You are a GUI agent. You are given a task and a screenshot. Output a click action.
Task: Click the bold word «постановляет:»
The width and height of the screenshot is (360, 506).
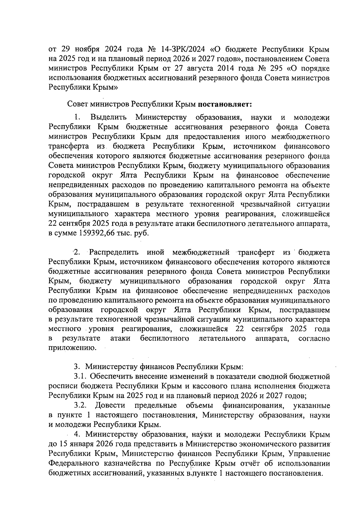pos(225,104)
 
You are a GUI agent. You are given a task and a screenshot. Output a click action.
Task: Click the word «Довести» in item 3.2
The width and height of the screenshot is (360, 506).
pos(110,405)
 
